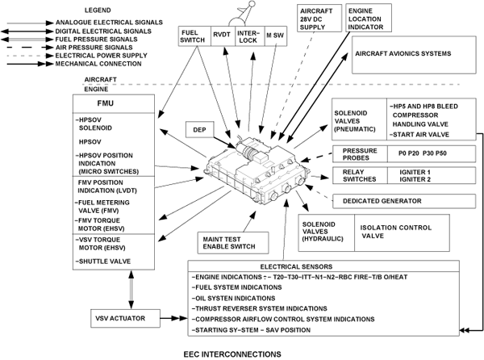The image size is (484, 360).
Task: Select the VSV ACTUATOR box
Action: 122,318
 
